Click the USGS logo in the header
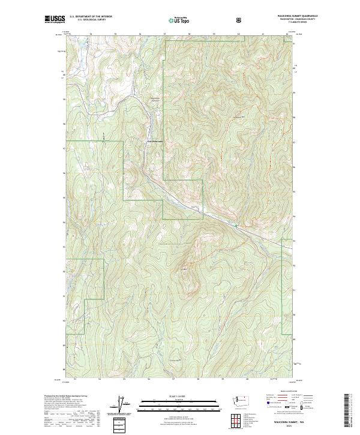pyautogui.click(x=53, y=19)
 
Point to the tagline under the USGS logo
pyautogui.click(x=53, y=24)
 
